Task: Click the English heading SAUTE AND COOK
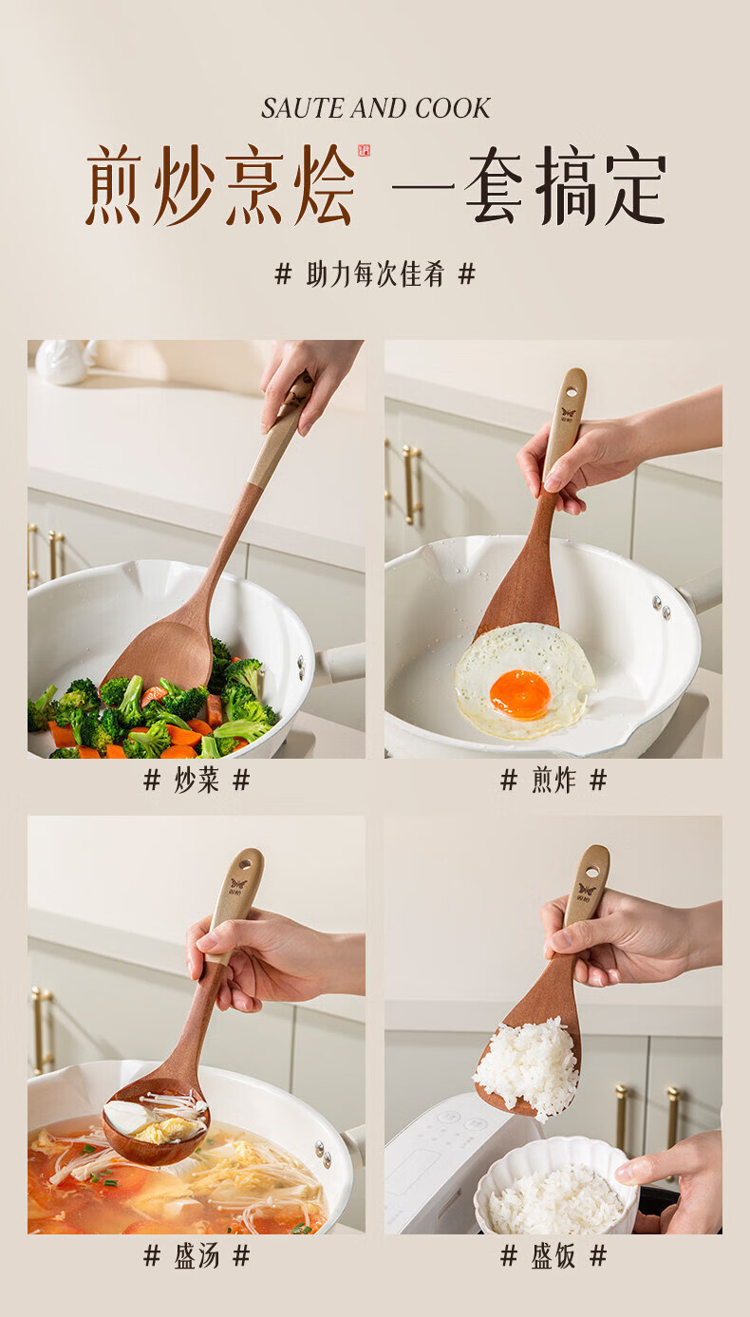[376, 108]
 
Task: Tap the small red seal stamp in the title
[365, 151]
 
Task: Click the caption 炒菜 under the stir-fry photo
[197, 781]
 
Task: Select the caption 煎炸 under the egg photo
[553, 781]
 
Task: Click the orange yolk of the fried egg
[520, 694]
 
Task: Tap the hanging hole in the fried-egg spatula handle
[572, 390]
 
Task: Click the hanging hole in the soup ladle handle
[245, 865]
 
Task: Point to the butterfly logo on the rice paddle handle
[587, 890]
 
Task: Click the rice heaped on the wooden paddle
[528, 1066]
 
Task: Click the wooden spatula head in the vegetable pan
[160, 654]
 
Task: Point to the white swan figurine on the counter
[63, 362]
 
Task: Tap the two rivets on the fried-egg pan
[662, 608]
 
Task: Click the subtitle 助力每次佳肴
[375, 274]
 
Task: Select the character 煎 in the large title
[114, 184]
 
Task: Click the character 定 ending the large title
[636, 186]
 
